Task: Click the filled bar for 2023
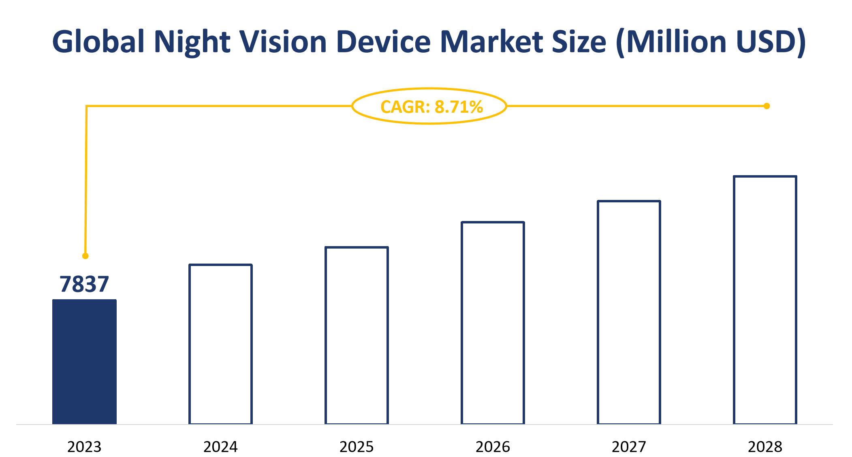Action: (x=84, y=362)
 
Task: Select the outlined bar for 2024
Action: (x=220, y=344)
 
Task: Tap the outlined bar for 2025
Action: (x=357, y=335)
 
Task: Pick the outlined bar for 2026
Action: (x=493, y=323)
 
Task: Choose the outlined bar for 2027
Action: (x=629, y=312)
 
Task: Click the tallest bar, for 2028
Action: (x=765, y=300)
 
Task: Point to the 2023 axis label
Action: (x=84, y=447)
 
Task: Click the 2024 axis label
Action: (x=220, y=447)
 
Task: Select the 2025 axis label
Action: (x=357, y=447)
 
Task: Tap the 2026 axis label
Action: (x=493, y=447)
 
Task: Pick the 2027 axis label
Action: (x=629, y=447)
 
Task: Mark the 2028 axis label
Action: (x=765, y=447)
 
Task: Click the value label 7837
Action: (x=84, y=284)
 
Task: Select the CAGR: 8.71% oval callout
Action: (x=429, y=106)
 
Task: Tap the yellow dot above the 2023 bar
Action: (x=85, y=256)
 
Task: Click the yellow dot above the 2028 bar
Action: (x=767, y=106)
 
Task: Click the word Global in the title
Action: (x=98, y=42)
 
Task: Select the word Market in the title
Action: (x=491, y=42)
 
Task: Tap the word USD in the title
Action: (x=766, y=42)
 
